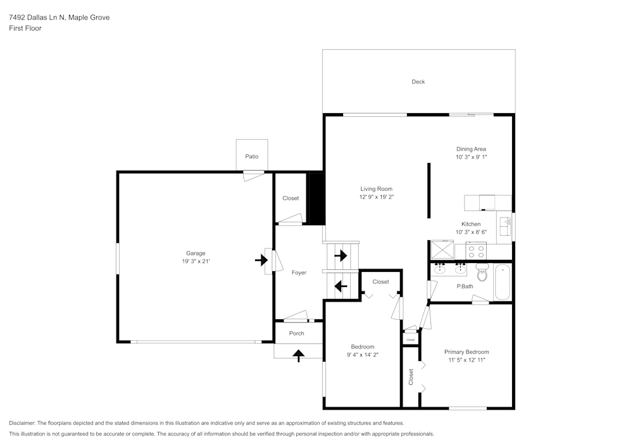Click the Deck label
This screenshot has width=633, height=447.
coord(418,82)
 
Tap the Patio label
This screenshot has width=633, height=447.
coord(252,157)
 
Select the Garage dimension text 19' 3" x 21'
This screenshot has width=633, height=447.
coord(196,261)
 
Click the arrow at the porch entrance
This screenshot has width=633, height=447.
coord(298,356)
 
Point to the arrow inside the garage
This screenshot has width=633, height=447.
coord(261,260)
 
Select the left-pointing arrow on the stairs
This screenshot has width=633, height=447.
coord(341,286)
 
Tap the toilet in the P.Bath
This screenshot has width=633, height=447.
coord(482,274)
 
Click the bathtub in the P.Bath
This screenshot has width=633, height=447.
coord(502,282)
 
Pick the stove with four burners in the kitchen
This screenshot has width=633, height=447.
coord(476,252)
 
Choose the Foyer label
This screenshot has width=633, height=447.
coord(299,273)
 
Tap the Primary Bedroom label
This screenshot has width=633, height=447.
coord(467,352)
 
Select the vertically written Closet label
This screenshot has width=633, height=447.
coord(411,377)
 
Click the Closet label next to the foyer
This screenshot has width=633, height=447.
coord(291,199)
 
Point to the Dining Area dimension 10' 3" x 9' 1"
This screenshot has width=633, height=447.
coord(471,157)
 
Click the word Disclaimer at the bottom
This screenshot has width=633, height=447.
coord(23,423)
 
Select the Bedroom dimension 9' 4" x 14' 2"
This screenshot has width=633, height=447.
coord(363,355)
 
